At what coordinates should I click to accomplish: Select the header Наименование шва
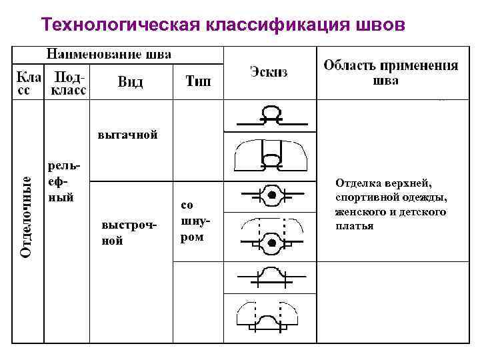point(107,54)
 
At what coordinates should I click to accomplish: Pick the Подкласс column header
point(69,83)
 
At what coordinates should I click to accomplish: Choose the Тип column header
point(198,82)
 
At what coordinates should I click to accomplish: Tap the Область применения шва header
point(391,72)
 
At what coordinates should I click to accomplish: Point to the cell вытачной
point(127,135)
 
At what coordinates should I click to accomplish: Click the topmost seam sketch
point(271,117)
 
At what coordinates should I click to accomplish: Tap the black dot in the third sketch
point(272,195)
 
